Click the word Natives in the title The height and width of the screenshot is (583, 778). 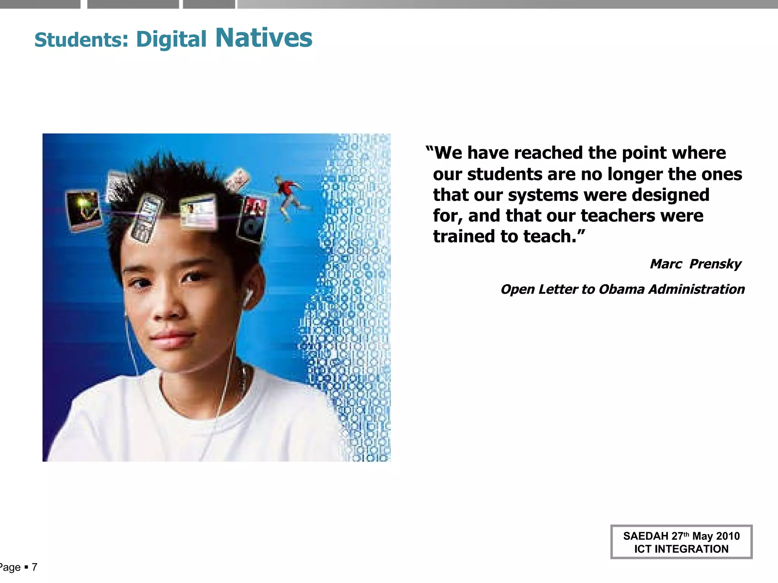coord(264,38)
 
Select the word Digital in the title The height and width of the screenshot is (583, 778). coord(171,39)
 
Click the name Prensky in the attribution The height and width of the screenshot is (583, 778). coord(715,264)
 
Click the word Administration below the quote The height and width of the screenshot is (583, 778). coord(697,289)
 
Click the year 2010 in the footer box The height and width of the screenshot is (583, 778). coord(727,536)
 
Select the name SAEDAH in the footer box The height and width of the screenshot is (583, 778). coord(645,536)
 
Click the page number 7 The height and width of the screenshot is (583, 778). coord(35,567)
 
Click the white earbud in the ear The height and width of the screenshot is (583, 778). coord(248,297)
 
